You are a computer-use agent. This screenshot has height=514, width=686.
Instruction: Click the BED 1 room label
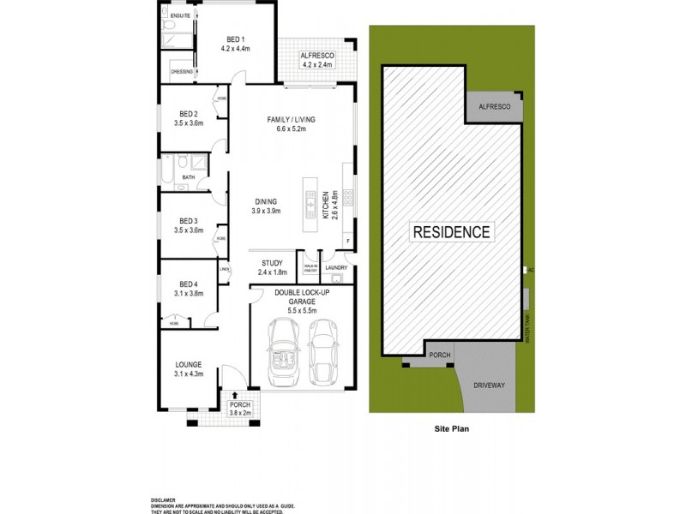pyautogui.click(x=236, y=39)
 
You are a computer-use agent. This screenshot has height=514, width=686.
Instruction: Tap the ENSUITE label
pyautogui.click(x=181, y=16)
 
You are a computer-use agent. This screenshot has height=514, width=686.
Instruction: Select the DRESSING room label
pyautogui.click(x=182, y=71)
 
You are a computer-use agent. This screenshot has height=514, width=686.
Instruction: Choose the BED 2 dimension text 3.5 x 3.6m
pyautogui.click(x=189, y=123)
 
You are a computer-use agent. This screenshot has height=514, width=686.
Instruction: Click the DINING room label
pyautogui.click(x=265, y=201)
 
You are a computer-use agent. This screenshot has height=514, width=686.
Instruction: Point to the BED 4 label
pyautogui.click(x=189, y=284)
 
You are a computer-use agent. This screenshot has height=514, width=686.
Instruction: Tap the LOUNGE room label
pyautogui.click(x=189, y=364)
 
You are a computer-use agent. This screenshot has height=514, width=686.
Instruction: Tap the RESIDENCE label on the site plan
pyautogui.click(x=452, y=231)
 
